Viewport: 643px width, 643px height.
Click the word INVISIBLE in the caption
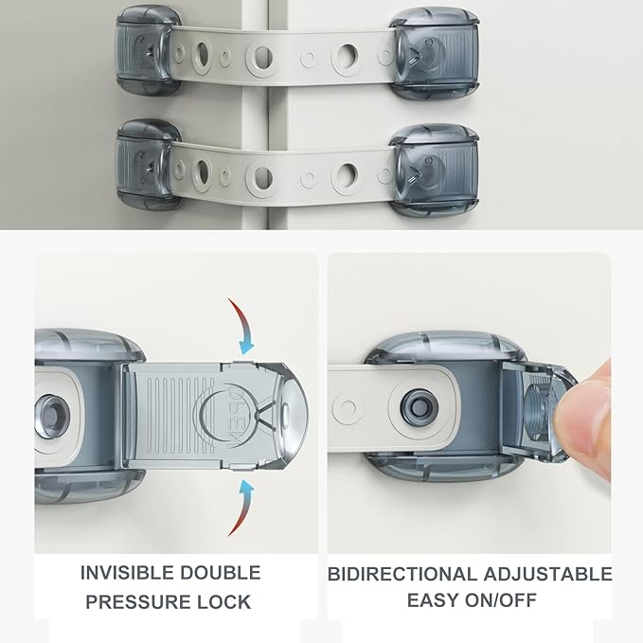(x=126, y=573)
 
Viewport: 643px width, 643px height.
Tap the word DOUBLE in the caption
(x=221, y=573)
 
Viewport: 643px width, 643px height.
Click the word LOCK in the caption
(x=223, y=602)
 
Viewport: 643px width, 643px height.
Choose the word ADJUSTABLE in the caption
(x=547, y=574)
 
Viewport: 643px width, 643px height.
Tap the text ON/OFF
(x=501, y=600)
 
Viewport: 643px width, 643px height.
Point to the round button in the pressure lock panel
(x=51, y=418)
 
